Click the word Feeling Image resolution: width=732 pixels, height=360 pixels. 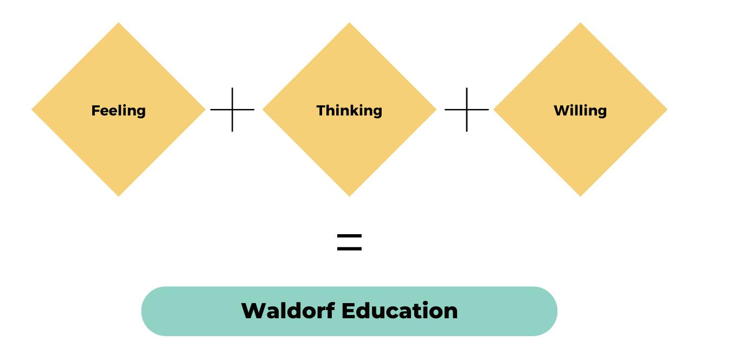118,111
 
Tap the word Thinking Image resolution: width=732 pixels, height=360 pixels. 349,111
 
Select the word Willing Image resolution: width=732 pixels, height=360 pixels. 580,111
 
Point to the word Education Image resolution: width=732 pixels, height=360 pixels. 400,311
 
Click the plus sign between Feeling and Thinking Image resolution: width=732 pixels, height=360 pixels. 232,110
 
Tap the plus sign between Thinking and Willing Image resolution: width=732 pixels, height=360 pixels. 466,110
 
